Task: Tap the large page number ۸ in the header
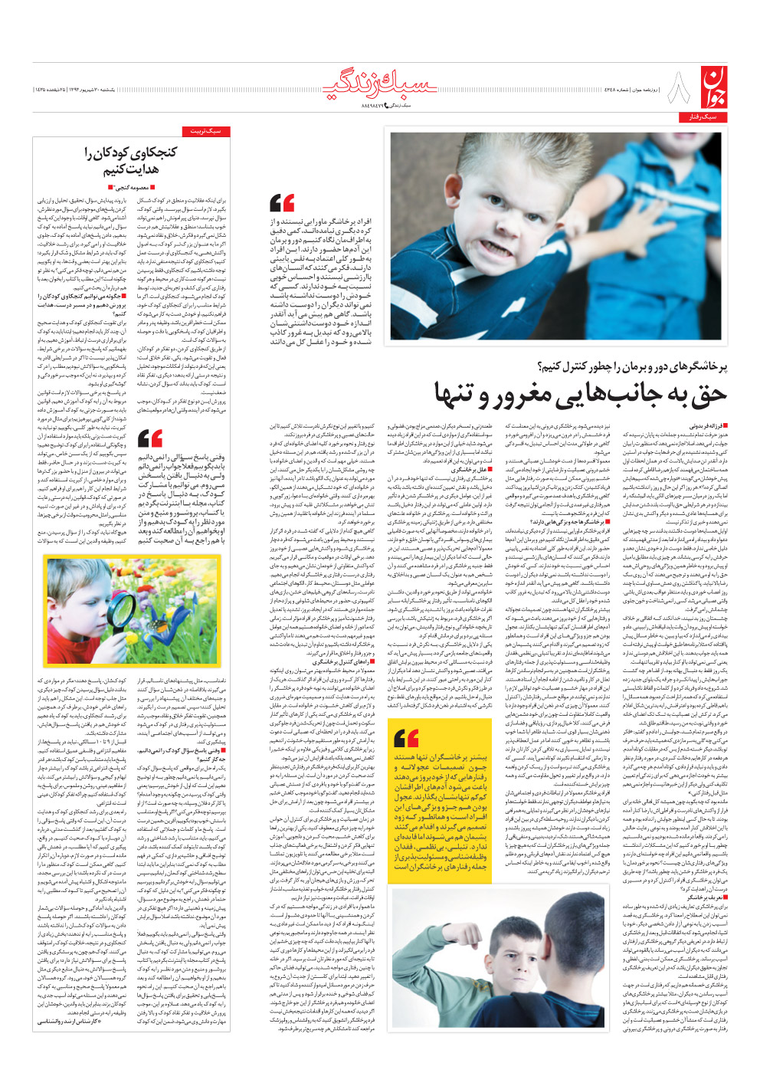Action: pyautogui.click(x=678, y=88)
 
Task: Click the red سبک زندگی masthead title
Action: pyautogui.click(x=380, y=87)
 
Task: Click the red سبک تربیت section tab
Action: pyautogui.click(x=206, y=132)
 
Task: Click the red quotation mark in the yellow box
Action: pyautogui.click(x=406, y=738)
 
